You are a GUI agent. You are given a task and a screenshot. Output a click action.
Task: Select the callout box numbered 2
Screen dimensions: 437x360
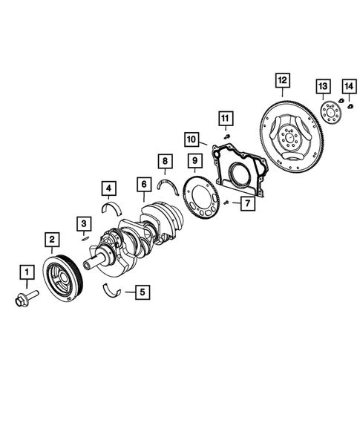(52, 239)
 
